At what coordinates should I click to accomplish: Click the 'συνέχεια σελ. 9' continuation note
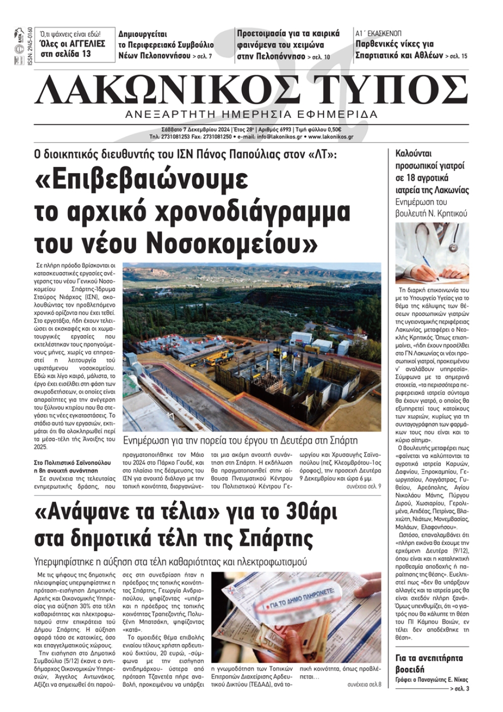coord(364,487)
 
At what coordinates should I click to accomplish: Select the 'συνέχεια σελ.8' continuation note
coord(364,684)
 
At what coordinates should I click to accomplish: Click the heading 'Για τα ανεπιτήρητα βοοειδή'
coord(429,663)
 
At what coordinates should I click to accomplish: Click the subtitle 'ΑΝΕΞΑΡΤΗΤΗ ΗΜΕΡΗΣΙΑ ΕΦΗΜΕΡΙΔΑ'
coord(251,114)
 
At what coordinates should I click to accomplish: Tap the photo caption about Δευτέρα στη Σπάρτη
coord(240,441)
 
